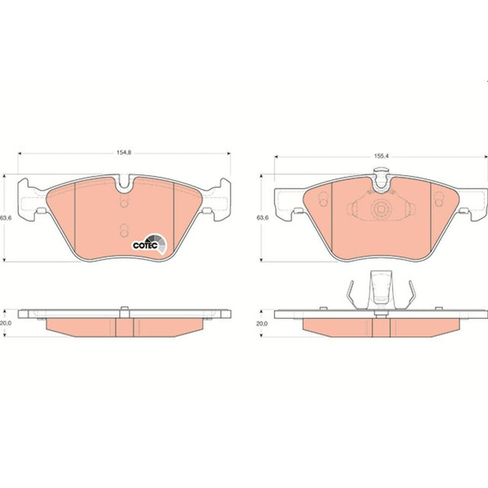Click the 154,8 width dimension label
click(124, 152)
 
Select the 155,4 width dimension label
click(381, 156)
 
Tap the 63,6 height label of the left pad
click(6, 218)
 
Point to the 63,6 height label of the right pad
click(262, 218)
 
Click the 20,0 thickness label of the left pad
click(5, 323)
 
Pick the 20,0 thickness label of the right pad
click(262, 323)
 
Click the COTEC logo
click(149, 244)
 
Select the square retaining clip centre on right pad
click(380, 209)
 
